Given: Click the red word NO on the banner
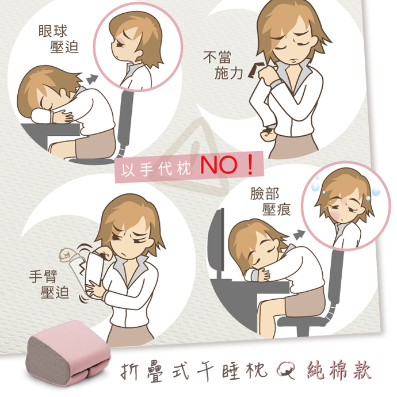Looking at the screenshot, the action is [x=219, y=165].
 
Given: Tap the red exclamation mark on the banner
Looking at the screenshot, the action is [x=250, y=165].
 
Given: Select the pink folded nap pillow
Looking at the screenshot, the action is [x=68, y=353].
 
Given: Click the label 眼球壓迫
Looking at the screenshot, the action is [x=58, y=39].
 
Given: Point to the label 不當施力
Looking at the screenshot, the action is [x=223, y=65].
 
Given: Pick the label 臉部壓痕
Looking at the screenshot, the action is [x=270, y=201].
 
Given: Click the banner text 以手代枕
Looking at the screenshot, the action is [x=156, y=169].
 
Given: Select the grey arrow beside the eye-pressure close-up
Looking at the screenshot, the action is [x=92, y=79].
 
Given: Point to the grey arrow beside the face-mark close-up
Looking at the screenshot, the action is [x=299, y=235].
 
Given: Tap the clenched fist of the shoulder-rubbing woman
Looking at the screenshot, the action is [x=268, y=133].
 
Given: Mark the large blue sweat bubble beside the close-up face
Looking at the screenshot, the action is [x=316, y=187].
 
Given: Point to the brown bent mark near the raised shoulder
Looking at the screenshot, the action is [x=254, y=70].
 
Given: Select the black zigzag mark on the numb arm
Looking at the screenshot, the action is [x=82, y=269].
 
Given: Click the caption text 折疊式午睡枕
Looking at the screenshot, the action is [x=194, y=371].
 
